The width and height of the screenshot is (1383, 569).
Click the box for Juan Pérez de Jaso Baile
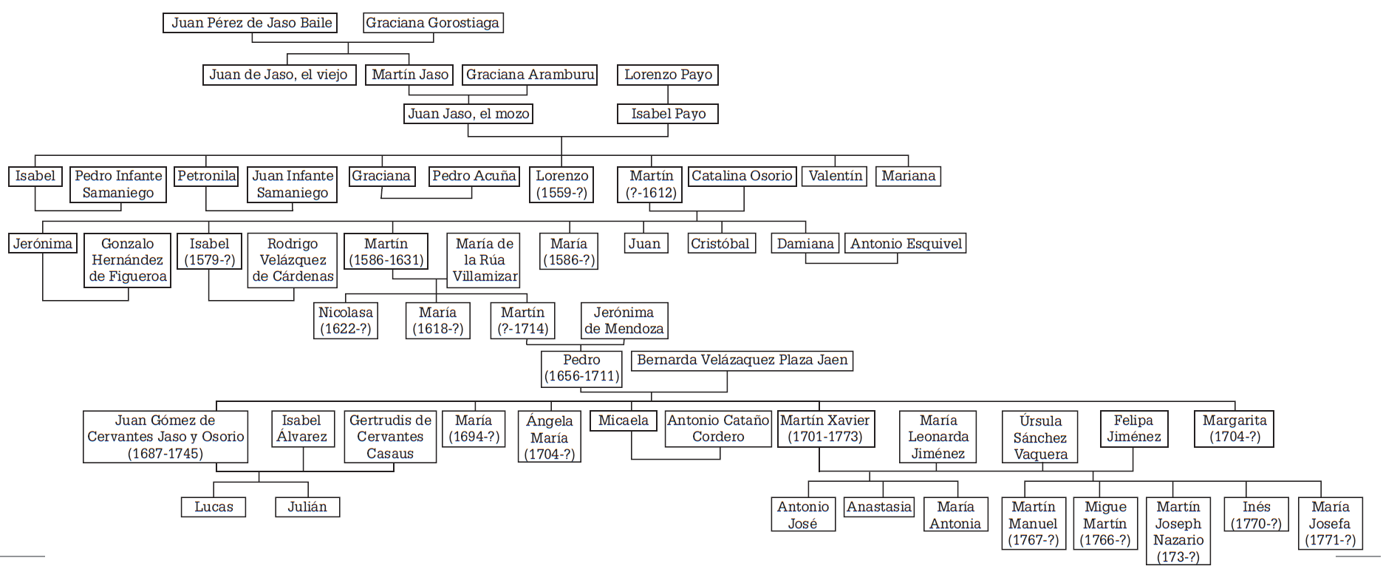[x=250, y=23]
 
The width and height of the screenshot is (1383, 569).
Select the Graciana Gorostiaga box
[x=433, y=23]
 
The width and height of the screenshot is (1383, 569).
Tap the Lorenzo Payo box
[x=668, y=75]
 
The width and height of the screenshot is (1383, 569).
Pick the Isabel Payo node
[x=668, y=114]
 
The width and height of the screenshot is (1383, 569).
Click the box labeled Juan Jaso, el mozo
[x=468, y=114]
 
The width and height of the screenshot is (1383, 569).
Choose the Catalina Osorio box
[x=742, y=176]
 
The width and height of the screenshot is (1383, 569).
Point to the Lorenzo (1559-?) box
[x=561, y=184]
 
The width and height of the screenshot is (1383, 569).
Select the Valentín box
[x=835, y=176]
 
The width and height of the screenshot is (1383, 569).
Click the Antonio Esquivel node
[x=906, y=244]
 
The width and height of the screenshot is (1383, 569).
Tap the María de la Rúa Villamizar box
[x=484, y=260]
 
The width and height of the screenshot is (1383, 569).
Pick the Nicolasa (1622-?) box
[x=346, y=321]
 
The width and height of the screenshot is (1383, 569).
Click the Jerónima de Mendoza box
[x=624, y=321]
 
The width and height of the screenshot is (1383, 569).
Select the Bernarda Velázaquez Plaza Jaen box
[x=742, y=361]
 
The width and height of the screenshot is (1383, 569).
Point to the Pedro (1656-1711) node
[x=581, y=368]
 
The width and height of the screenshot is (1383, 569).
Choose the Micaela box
[x=623, y=421]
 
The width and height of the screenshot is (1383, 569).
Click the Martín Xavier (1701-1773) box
[x=825, y=429]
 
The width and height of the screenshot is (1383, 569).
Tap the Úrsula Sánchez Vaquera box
[x=1040, y=437]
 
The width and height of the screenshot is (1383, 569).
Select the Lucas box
[x=214, y=507]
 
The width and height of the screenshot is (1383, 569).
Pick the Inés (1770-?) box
[x=1256, y=515]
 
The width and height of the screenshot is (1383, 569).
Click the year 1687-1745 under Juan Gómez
[x=165, y=454]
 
